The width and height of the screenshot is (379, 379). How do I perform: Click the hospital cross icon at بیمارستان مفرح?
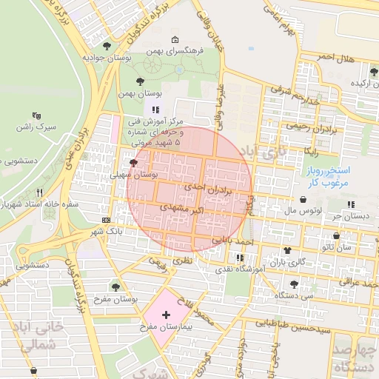point(165,315)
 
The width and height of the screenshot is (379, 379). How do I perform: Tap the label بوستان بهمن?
point(139,95)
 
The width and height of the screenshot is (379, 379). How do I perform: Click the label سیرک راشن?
point(36,127)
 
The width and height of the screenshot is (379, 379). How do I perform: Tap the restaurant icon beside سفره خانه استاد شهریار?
point(50,190)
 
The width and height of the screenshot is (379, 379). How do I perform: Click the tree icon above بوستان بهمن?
point(141,81)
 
